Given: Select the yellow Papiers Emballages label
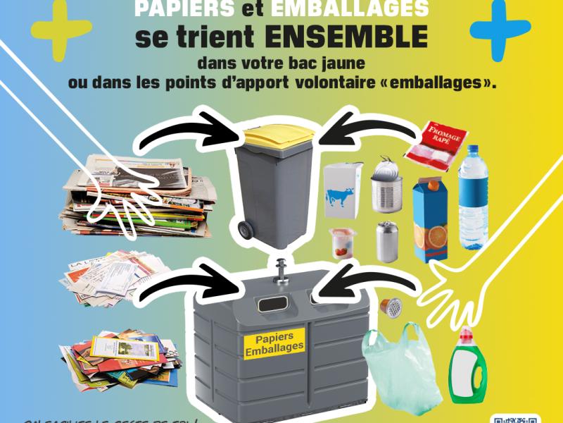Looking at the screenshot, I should (274, 341).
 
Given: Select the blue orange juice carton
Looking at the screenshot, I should (431, 219).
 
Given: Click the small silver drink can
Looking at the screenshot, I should (386, 242).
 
